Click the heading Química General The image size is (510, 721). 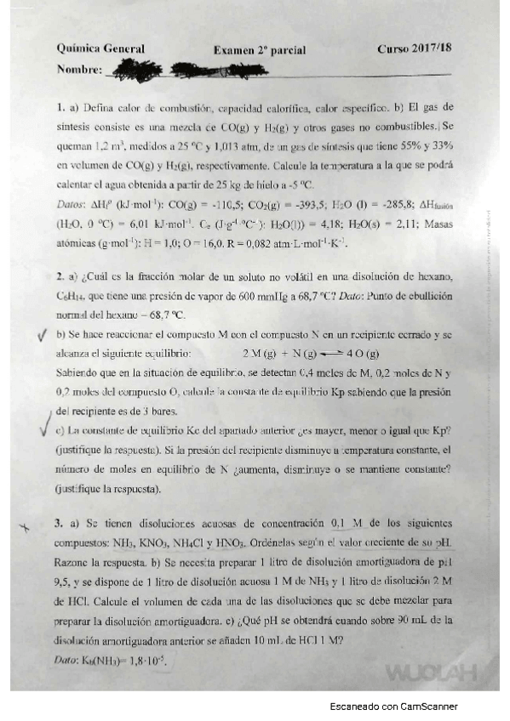(100, 49)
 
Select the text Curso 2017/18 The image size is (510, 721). (415, 49)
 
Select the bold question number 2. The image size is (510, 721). (60, 277)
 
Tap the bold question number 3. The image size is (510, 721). (60, 524)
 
